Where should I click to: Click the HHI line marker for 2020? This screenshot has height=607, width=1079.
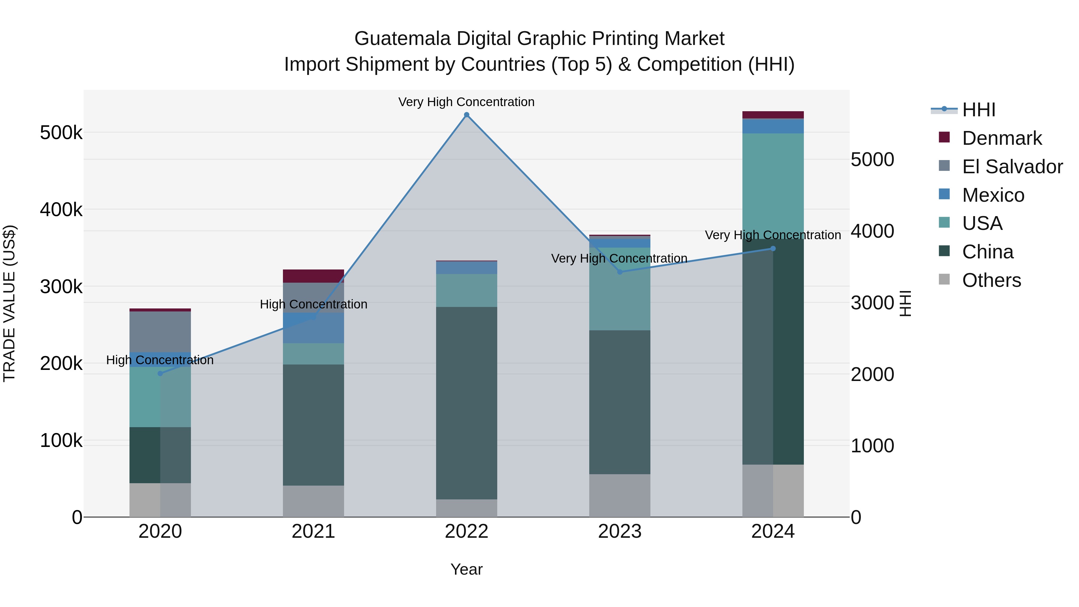click(160, 373)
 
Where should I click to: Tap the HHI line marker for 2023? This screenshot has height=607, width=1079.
click(620, 272)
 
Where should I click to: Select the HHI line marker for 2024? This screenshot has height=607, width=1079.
click(773, 248)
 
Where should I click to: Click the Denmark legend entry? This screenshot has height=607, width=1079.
click(1001, 138)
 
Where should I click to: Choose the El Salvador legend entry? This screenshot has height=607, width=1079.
click(1012, 167)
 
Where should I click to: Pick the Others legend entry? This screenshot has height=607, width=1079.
click(991, 280)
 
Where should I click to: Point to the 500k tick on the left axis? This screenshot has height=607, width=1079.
click(61, 133)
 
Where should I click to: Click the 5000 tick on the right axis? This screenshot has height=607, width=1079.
click(872, 159)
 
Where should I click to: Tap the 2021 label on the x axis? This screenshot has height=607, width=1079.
click(313, 531)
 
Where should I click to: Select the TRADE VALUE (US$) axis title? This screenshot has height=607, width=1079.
click(9, 303)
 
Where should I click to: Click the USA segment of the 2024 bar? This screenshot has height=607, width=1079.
click(773, 184)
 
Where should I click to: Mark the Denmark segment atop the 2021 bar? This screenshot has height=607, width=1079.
click(313, 276)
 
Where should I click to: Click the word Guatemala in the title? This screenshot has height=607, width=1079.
click(402, 39)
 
